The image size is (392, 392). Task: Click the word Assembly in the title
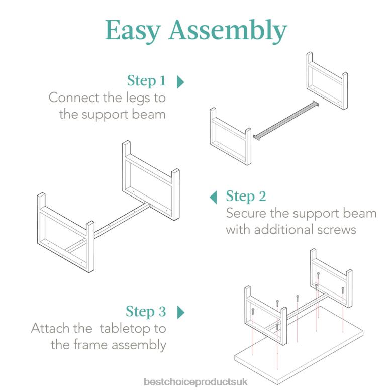pyautogui.click(x=227, y=31)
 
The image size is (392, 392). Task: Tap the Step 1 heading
pyautogui.click(x=146, y=81)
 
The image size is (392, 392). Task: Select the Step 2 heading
pyautogui.click(x=246, y=196)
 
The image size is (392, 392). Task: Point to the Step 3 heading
pyautogui.click(x=146, y=312)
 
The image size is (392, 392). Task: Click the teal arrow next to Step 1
pyautogui.click(x=181, y=81)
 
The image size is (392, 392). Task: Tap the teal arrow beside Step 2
pyautogui.click(x=214, y=197)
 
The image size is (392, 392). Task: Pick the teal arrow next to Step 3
pyautogui.click(x=181, y=312)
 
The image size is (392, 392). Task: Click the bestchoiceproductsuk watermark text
pyautogui.click(x=195, y=382)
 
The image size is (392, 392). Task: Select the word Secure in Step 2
pyautogui.click(x=246, y=213)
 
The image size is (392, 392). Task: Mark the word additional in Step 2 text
pyautogui.click(x=279, y=230)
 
